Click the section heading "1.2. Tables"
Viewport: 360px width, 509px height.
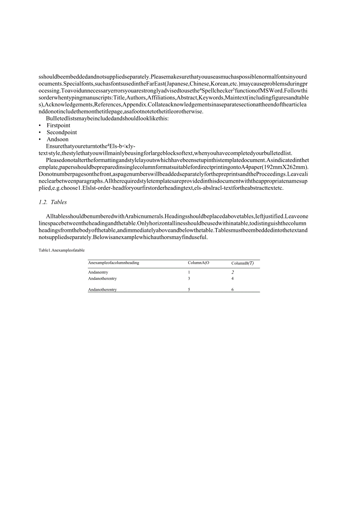click(53, 202)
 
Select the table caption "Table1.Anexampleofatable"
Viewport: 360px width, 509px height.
click(61, 250)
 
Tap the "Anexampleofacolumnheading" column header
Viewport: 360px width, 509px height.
click(113, 263)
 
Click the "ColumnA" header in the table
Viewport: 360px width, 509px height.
click(198, 263)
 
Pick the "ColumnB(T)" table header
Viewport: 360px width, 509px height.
click(242, 263)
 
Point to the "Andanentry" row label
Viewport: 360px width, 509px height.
click(98, 272)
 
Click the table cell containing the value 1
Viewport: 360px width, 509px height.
click(189, 272)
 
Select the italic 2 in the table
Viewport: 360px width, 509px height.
click(232, 272)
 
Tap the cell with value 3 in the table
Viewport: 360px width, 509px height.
click(189, 279)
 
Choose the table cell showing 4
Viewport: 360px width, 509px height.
click(232, 279)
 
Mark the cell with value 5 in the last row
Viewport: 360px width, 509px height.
click(189, 290)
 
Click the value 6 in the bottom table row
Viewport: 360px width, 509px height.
click(232, 290)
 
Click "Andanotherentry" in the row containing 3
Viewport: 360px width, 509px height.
click(103, 279)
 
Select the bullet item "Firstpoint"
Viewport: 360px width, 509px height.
click(59, 126)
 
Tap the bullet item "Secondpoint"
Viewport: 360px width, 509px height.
click(62, 133)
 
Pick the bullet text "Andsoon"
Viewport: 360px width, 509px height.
click(58, 139)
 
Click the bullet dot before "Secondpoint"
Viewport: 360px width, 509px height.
click(40, 133)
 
